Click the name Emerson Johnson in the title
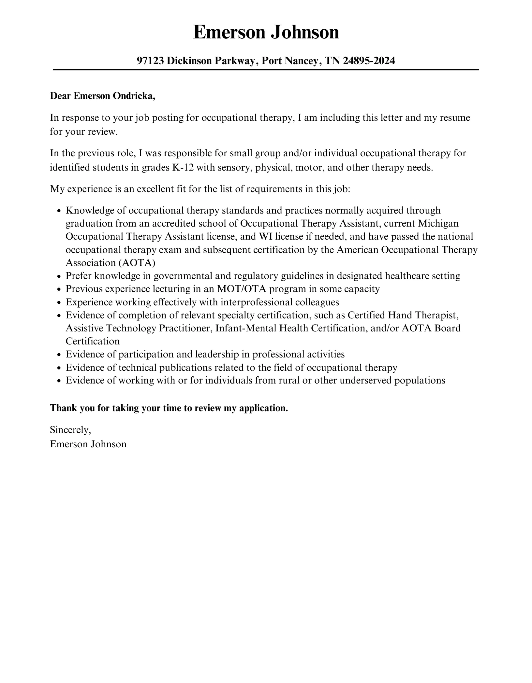click(x=266, y=33)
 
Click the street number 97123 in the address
click(x=150, y=61)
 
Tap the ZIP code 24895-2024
click(x=369, y=61)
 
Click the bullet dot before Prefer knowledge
click(x=59, y=277)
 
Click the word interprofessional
click(x=256, y=302)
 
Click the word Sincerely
click(x=70, y=430)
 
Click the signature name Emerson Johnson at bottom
click(x=88, y=444)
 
